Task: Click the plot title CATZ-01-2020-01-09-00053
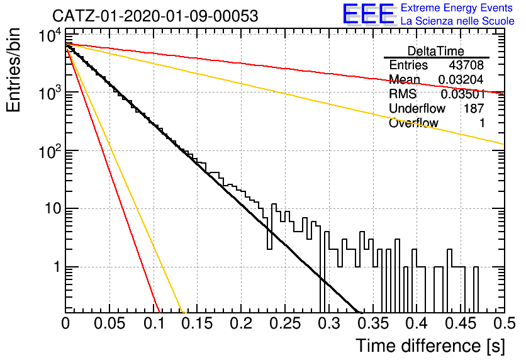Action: coord(155,16)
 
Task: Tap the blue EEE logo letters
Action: coord(368,14)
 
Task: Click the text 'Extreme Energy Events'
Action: coord(457,8)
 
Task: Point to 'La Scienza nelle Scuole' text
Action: coord(457,21)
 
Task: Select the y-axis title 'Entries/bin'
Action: coord(13,70)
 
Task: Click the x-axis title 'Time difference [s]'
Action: coord(430,346)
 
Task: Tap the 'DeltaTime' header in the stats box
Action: coord(436,51)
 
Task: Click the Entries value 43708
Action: coord(466,65)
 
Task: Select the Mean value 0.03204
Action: coord(461,79)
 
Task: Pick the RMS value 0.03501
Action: coord(462,94)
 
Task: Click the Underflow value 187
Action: coord(474,108)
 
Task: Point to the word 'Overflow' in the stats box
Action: coord(413,123)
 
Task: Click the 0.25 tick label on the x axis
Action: coord(286,323)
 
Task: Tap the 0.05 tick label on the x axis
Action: coord(109,323)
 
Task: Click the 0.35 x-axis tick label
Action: coord(373,323)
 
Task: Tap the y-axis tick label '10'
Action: coord(53,209)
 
